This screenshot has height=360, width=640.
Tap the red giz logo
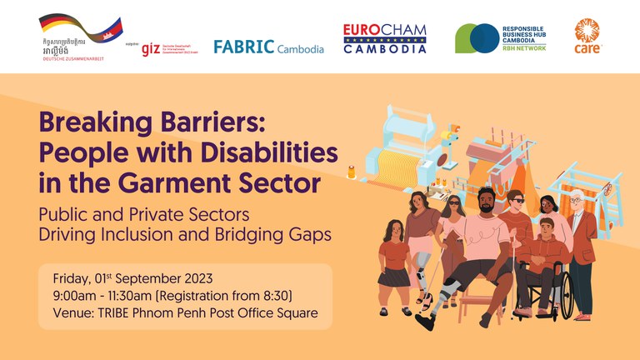(150, 47)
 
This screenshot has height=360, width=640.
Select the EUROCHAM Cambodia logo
(384, 38)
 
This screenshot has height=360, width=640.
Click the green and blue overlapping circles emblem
(477, 38)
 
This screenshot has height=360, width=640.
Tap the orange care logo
(587, 36)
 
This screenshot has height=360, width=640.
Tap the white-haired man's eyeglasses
(577, 201)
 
